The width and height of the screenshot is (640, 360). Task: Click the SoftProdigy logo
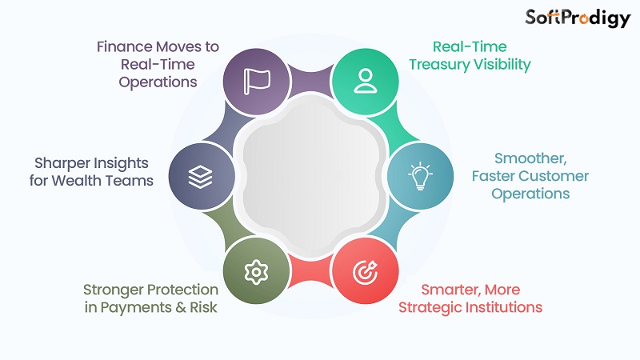[x=578, y=18]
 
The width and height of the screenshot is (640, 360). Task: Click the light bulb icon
[x=419, y=176]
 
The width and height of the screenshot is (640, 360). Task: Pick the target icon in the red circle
[x=365, y=271]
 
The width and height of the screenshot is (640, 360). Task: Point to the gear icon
[x=256, y=271]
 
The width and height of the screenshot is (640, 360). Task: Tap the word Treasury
[x=438, y=64]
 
